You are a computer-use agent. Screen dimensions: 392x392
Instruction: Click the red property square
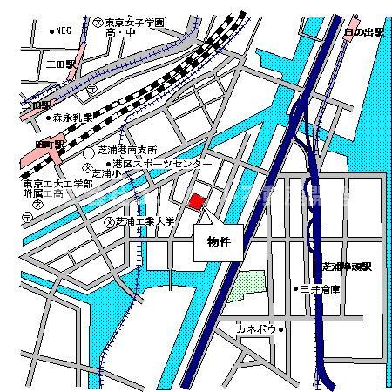[x=197, y=201]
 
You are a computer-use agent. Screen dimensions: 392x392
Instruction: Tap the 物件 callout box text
[x=218, y=241]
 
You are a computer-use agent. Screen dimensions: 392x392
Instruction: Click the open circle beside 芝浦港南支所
[x=90, y=152]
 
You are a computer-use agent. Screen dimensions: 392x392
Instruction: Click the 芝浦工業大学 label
[x=145, y=222]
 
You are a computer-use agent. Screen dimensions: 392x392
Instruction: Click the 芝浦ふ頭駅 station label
[x=347, y=265]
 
